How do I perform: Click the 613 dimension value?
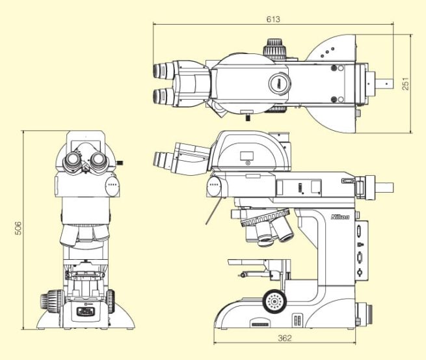coord(273,19)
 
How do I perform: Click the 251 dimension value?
coord(405,84)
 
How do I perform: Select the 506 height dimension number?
coord(18,228)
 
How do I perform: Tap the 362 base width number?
coord(285,338)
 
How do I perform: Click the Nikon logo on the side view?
coord(340,217)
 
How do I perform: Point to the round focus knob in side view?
coord(274,301)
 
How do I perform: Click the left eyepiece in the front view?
coord(72,161)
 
